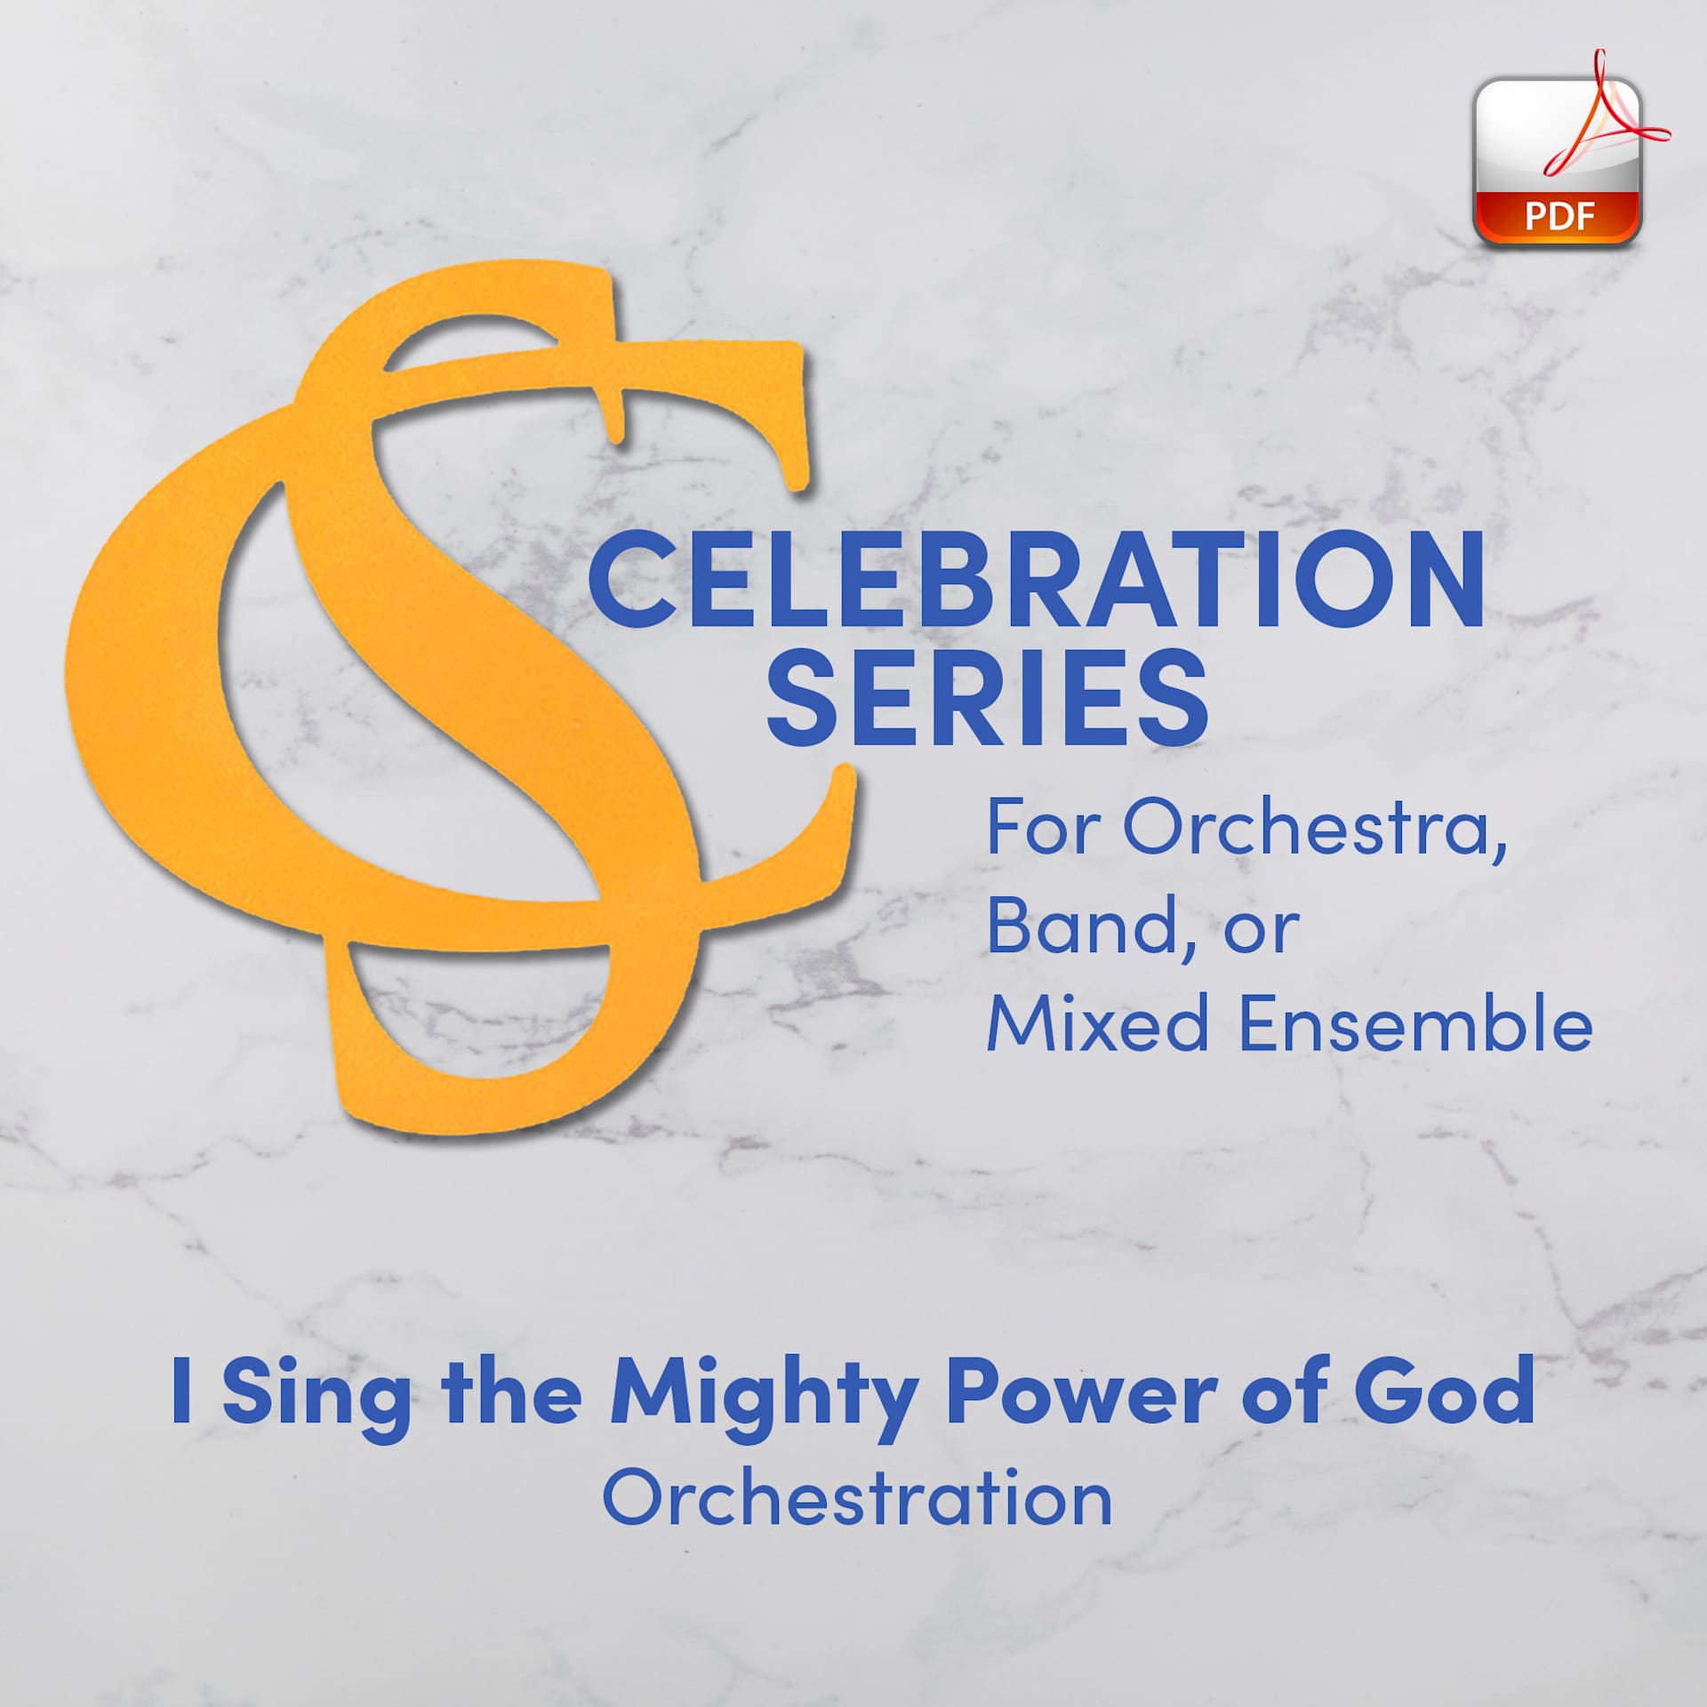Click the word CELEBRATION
click(x=1036, y=580)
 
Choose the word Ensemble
click(x=1414, y=1022)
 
